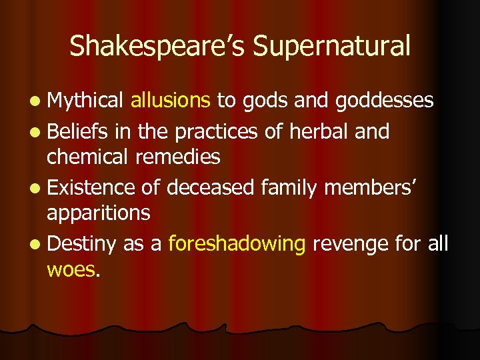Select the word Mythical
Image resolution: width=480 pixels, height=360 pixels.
(85, 101)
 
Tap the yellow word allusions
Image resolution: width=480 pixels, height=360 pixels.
(171, 101)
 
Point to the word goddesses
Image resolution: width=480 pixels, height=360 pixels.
(385, 101)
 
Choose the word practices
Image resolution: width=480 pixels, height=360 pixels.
(215, 132)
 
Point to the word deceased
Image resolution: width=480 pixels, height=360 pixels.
(211, 189)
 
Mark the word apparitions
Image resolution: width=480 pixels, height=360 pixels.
(98, 213)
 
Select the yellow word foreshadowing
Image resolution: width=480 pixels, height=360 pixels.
(237, 245)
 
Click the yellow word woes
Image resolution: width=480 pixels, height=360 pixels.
(71, 269)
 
